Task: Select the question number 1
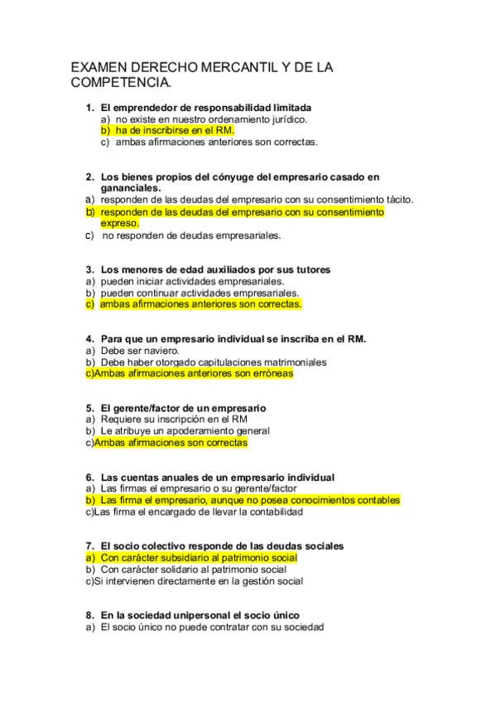tap(89, 108)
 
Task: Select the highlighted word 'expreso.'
tap(120, 223)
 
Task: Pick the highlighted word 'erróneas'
tap(268, 374)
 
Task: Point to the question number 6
tap(89, 478)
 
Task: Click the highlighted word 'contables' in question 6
tap(378, 501)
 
